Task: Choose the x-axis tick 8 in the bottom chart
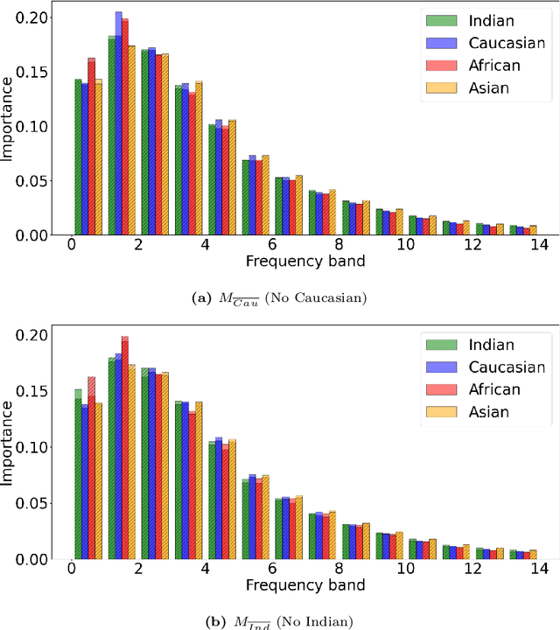tap(338, 571)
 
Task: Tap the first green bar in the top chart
tap(78, 157)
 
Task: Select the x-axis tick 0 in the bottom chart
tap(71, 571)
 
